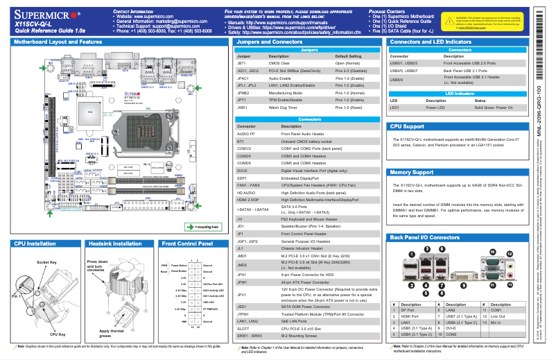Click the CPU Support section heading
[x=408, y=127]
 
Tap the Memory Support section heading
[x=412, y=172]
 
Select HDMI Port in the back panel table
[x=410, y=317]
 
